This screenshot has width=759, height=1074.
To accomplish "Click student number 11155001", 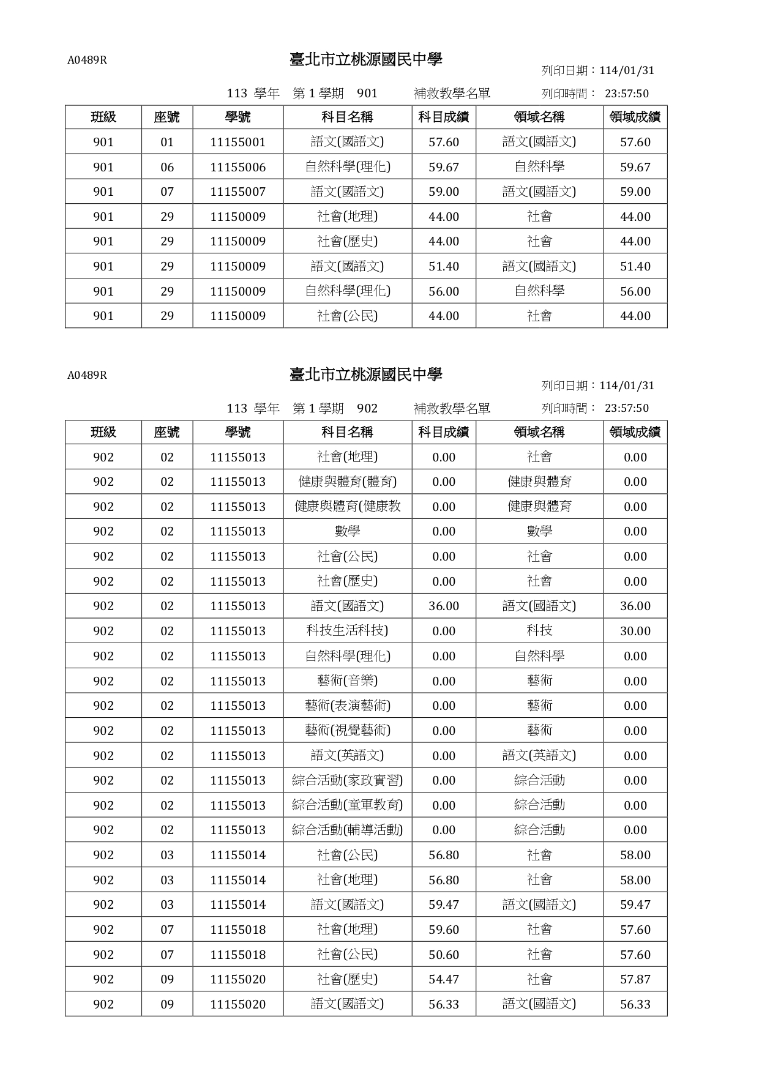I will point(237,142).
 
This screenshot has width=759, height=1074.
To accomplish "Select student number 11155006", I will point(237,167).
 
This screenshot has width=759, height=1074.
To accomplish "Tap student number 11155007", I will point(237,192).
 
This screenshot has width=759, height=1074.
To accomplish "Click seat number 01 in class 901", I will point(167,142).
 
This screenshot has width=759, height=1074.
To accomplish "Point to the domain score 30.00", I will point(635,631).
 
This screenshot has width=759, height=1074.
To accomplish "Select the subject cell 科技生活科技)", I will point(347,631).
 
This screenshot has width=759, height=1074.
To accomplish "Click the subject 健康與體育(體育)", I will point(347,482).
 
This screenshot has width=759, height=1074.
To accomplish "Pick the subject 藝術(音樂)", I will point(347,681).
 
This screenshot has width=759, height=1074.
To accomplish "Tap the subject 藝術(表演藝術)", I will point(347,706).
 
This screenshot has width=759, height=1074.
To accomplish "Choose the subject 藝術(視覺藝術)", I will point(347,731).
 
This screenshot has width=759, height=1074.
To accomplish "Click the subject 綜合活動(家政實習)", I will point(347,780).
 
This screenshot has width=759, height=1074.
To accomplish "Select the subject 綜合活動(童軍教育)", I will point(347,805).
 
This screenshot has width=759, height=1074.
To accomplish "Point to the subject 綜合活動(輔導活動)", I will point(347,830).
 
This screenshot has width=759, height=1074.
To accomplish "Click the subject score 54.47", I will point(444,979).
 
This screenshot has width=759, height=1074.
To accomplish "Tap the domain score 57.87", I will point(635,979).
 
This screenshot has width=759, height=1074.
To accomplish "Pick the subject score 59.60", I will point(444,930).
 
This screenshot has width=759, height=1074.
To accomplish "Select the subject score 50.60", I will point(444,955).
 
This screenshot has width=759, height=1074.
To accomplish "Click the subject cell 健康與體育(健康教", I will point(347,507).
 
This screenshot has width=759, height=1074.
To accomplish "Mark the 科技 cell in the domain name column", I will point(539,631).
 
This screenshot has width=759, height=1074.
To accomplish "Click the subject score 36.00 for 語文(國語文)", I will point(444,606).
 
